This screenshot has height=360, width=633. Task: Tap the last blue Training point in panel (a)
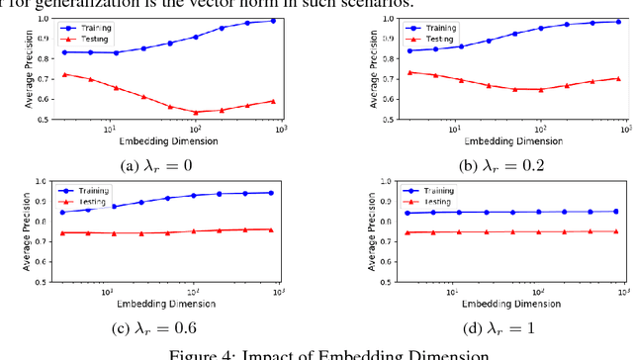[x=273, y=21]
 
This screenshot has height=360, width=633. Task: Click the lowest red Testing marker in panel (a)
[x=195, y=112]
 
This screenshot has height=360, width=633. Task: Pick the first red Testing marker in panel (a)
[x=65, y=74]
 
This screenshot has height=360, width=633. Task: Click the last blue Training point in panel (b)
[x=590, y=22]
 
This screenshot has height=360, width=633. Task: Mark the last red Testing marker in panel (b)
[x=590, y=78]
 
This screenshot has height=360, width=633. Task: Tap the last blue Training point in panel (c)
[x=271, y=193]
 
